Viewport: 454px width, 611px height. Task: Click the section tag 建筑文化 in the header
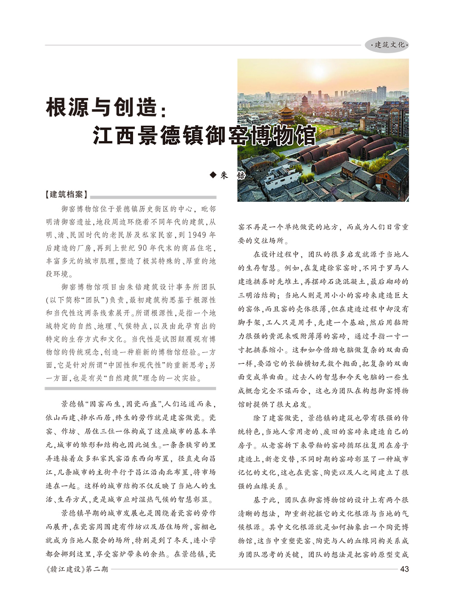tap(389, 45)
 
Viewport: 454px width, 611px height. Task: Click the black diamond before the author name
tap(213, 175)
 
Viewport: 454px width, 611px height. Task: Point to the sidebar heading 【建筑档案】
tap(66, 195)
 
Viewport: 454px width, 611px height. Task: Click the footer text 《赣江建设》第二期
tap(77, 569)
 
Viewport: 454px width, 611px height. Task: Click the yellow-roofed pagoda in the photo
tap(287, 113)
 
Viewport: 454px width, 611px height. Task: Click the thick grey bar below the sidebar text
tap(130, 389)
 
